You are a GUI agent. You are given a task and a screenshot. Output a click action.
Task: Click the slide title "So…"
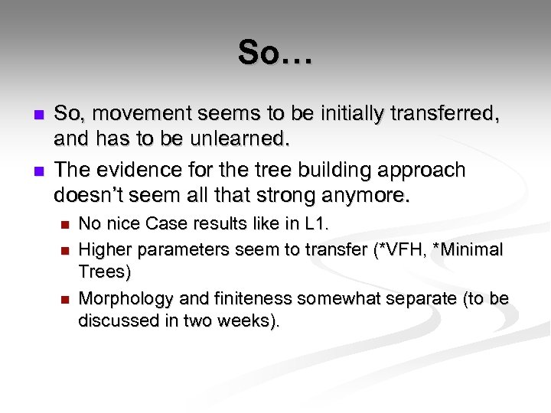click(275, 54)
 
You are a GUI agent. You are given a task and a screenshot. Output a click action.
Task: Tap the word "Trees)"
click(106, 272)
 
